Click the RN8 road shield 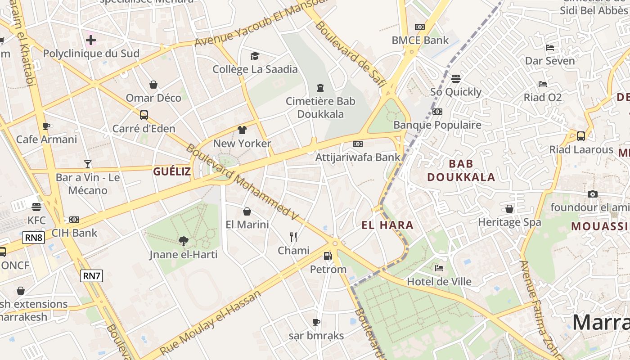[34, 237]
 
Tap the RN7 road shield [91, 275]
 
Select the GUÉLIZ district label [172, 171]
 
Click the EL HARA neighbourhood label [387, 225]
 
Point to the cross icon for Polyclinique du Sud [91, 40]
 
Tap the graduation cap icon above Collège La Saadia [255, 56]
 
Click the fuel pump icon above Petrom [328, 256]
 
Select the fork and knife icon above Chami [293, 237]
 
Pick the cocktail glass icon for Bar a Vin [88, 164]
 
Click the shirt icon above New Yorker [242, 130]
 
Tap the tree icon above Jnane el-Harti [183, 241]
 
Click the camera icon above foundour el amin [593, 194]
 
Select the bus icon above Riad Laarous [581, 136]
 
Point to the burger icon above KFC [36, 207]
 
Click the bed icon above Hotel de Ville [439, 268]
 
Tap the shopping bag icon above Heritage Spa [509, 209]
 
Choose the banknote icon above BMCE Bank [420, 27]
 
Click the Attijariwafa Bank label [358, 157]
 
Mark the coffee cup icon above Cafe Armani [46, 126]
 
